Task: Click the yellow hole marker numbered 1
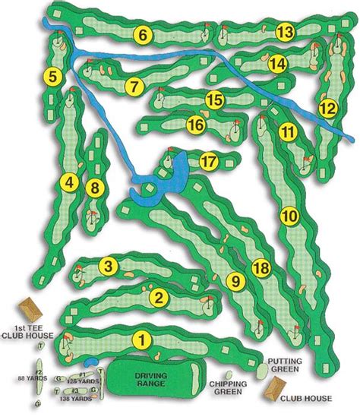click(141, 340)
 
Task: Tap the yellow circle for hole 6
click(142, 33)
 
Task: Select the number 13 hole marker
click(285, 32)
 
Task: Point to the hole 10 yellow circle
click(289, 216)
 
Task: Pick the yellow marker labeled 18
click(261, 268)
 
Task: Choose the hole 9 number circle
click(235, 282)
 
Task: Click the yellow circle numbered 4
click(71, 182)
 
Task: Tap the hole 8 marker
click(94, 188)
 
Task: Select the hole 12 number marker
click(327, 109)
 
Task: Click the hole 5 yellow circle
click(52, 76)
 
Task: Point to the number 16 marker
click(196, 124)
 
